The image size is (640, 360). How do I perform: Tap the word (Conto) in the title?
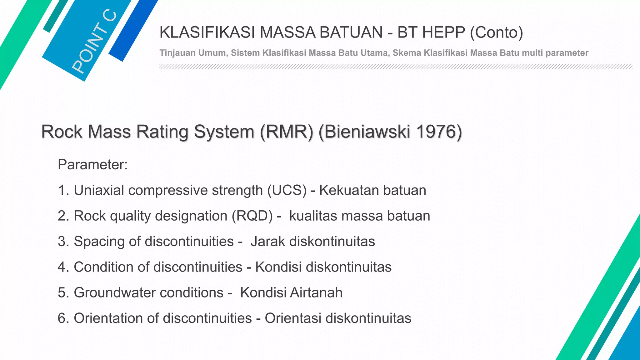pyautogui.click(x=496, y=32)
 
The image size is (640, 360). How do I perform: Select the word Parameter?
pyautogui.click(x=93, y=165)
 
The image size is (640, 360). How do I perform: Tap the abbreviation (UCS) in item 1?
pyautogui.click(x=287, y=190)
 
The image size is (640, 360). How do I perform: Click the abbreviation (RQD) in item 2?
pyautogui.click(x=252, y=216)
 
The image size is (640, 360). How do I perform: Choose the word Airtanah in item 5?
pyautogui.click(x=316, y=293)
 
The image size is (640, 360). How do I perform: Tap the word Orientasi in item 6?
pyautogui.click(x=293, y=318)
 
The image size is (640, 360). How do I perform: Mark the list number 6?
pyautogui.click(x=62, y=318)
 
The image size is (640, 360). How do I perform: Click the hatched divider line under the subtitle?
pyautogui.click(x=395, y=67)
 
